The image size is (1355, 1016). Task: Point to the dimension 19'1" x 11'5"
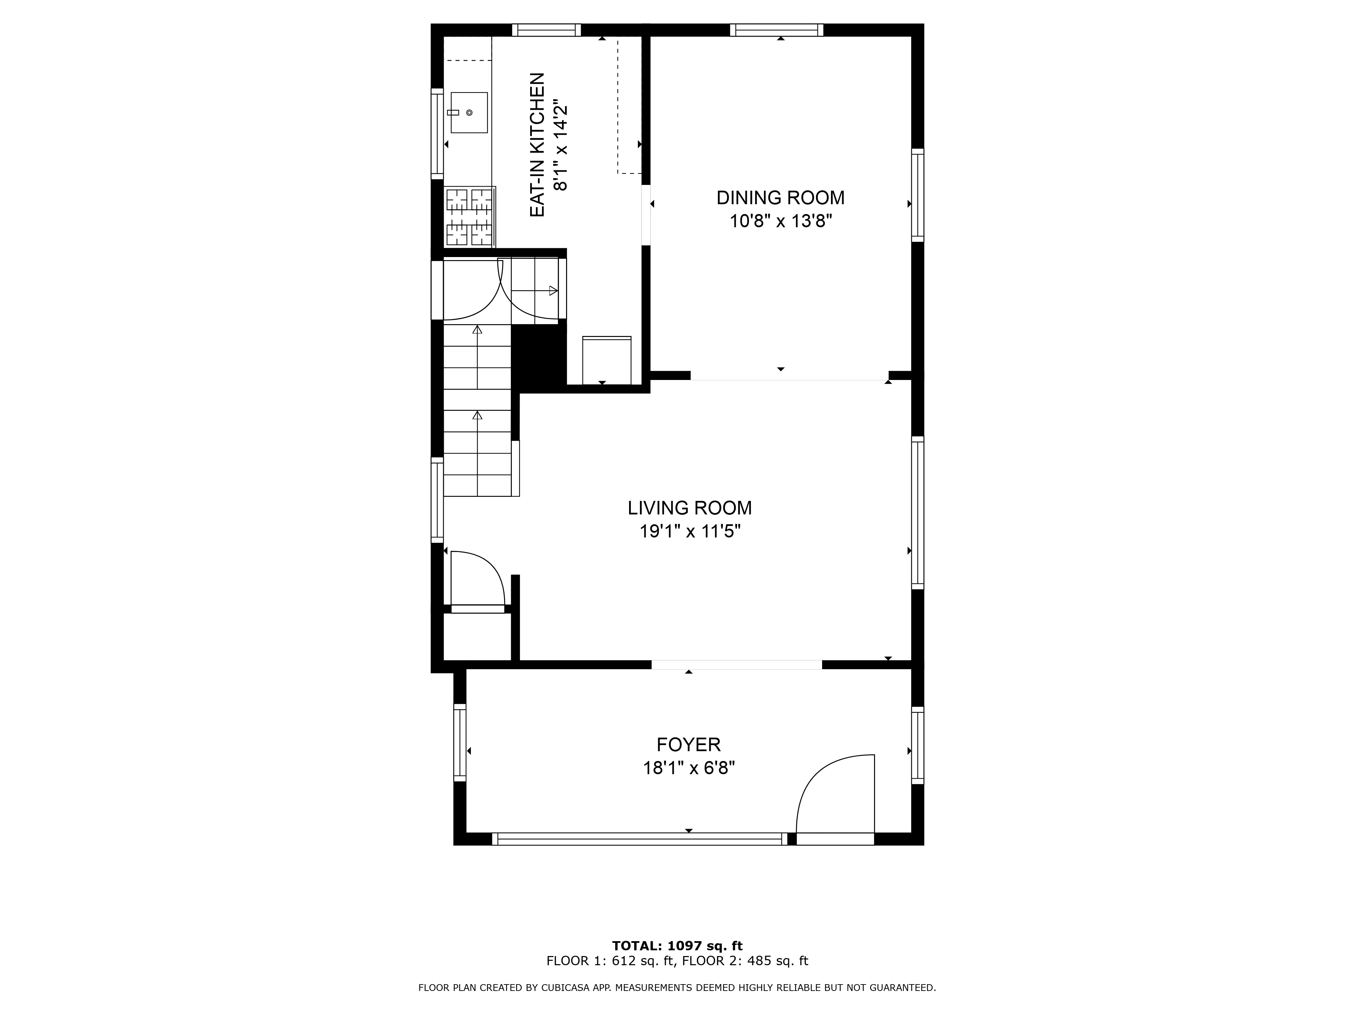click(690, 531)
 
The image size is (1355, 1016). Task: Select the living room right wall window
click(917, 513)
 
